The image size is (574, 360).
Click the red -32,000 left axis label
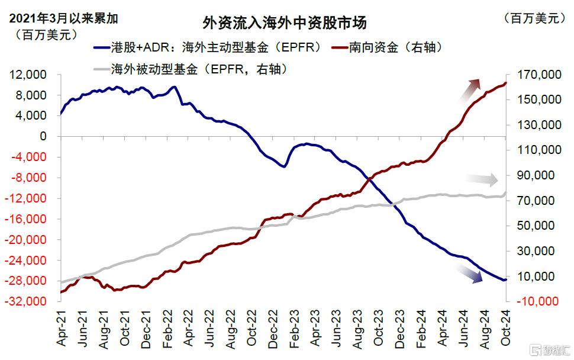pos(29,302)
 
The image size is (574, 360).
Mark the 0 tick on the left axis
pos(43,137)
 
